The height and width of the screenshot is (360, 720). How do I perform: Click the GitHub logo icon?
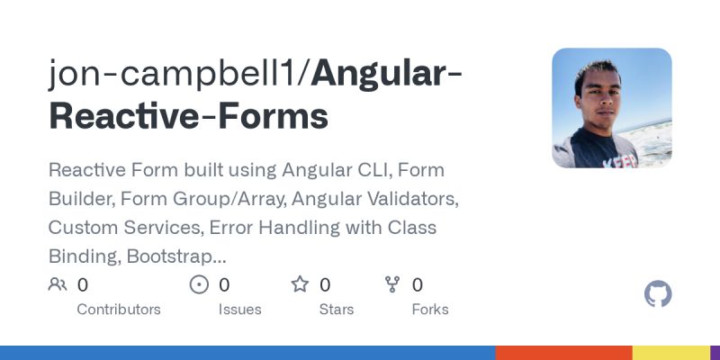(659, 294)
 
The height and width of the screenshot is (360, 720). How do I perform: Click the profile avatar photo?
(612, 108)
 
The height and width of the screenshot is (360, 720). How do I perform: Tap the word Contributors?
(119, 309)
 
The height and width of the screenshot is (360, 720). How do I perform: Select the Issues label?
(239, 309)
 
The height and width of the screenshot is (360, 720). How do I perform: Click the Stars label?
(337, 309)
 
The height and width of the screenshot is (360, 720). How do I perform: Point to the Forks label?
(429, 309)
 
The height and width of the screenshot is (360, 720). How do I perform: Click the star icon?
(300, 285)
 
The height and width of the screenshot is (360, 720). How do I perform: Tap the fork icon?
(392, 285)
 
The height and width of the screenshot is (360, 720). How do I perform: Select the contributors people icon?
(58, 285)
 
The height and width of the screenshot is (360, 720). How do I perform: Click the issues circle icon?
(199, 285)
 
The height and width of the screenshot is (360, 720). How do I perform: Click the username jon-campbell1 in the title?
(177, 74)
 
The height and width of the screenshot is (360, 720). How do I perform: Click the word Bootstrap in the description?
(176, 256)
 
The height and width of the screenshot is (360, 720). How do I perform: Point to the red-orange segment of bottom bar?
(563, 353)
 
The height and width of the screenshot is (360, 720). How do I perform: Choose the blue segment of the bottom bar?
(247, 353)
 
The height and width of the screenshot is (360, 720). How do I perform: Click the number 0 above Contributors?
(83, 285)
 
